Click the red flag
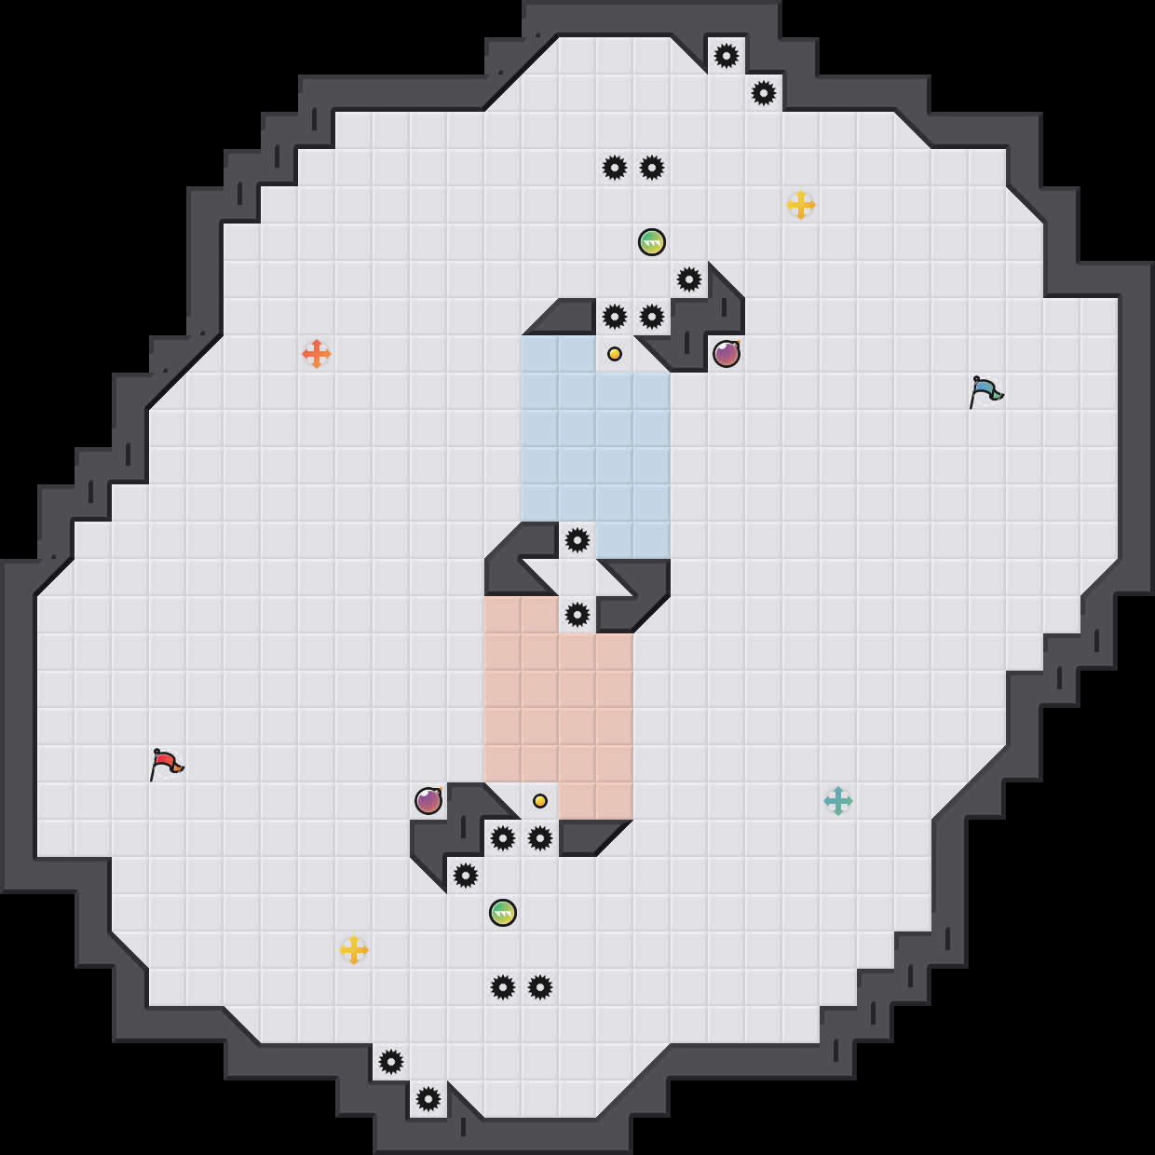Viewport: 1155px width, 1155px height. point(166,764)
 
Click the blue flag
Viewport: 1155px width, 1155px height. point(985,391)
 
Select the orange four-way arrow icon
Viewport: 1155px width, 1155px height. point(317,354)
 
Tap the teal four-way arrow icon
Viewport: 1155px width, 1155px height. point(838,801)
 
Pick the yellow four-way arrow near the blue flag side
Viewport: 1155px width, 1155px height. point(801,205)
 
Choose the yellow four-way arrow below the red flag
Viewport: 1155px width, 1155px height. point(354,950)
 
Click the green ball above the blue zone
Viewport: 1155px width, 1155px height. point(652,242)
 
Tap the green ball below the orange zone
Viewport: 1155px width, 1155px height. point(503,913)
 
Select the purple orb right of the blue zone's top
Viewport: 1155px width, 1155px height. point(727,354)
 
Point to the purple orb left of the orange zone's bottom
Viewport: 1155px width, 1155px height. point(428,801)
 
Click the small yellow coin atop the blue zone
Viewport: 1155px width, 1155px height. point(615,354)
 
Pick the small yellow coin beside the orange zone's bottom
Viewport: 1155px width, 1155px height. point(540,801)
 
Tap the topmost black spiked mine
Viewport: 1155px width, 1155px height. point(727,56)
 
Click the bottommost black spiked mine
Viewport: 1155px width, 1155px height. point(428,1099)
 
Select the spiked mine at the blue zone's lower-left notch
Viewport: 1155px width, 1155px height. point(577,540)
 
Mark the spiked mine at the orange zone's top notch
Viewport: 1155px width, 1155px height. point(577,615)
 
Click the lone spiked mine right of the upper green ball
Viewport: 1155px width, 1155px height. point(689,279)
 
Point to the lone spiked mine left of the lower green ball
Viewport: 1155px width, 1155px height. point(466,876)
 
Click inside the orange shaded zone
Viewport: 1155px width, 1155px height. point(559,708)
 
